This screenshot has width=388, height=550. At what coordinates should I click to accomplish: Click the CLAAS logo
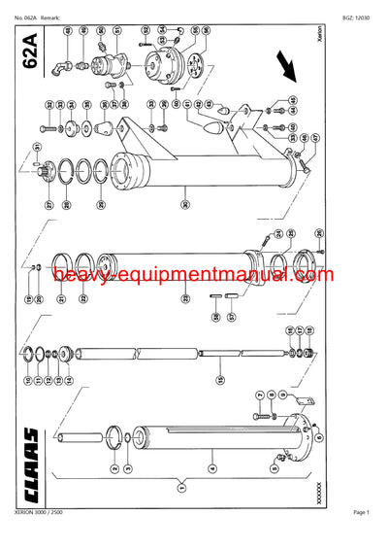tap(29, 455)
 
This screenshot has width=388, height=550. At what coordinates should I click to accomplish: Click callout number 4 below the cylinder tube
tap(212, 467)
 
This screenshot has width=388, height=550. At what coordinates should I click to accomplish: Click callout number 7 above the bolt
tap(259, 395)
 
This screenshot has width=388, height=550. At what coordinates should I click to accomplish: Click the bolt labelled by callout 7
tap(260, 412)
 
